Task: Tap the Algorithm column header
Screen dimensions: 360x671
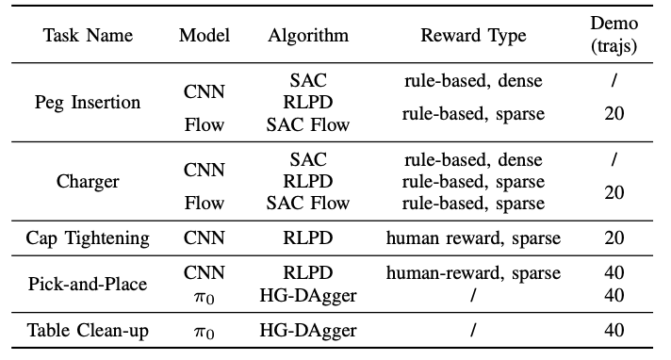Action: point(308,35)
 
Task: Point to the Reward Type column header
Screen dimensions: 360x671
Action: point(473,35)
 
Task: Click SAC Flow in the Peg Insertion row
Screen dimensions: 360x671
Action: point(308,123)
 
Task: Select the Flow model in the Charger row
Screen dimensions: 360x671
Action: point(204,203)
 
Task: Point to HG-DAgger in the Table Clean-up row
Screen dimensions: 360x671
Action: point(308,329)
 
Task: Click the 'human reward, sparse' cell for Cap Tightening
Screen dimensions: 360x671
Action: point(473,237)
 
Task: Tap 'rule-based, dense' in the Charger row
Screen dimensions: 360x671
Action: point(473,160)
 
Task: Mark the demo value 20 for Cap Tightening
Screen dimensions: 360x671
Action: point(614,237)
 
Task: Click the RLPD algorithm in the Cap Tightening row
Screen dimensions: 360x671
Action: point(308,237)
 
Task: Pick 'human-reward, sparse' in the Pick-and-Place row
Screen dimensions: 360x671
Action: point(473,273)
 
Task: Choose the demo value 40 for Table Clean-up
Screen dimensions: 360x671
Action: point(614,329)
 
